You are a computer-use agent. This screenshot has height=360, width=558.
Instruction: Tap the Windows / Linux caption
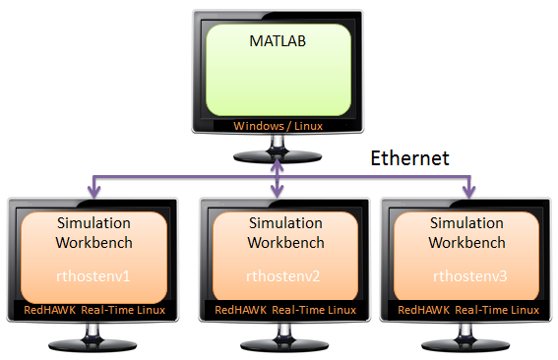277,126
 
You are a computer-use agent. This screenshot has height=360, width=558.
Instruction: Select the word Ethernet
409,157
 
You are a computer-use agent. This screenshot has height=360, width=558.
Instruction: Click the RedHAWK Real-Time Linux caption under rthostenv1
93,312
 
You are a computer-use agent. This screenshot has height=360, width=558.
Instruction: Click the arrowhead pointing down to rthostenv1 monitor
93,193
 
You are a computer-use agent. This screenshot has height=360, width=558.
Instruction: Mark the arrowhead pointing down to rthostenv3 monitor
469,193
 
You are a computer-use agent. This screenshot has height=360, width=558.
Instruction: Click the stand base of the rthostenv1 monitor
93,347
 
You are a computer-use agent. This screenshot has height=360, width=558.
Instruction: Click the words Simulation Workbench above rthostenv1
93,232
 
